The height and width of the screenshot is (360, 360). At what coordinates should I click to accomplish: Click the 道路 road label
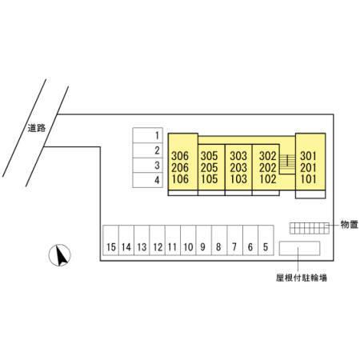point(37,128)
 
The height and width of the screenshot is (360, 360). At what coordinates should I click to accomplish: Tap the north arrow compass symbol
point(60,255)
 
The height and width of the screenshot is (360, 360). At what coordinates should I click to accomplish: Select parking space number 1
point(148,135)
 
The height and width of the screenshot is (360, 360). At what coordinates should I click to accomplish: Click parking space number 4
point(148,180)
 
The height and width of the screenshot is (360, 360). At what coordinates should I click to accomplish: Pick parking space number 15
point(111,240)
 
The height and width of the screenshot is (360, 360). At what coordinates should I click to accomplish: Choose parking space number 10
point(188,240)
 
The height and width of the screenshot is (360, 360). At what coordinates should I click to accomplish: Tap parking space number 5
point(266,240)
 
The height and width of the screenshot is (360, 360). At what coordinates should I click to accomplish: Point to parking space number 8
point(219,240)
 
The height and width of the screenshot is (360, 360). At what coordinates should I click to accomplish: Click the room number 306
point(180,156)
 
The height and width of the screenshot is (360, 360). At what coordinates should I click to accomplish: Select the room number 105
point(210,179)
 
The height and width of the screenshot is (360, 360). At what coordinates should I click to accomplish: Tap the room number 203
point(238,168)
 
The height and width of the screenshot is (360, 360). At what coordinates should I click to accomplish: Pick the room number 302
point(268,156)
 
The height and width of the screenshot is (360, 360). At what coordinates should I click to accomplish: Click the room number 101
point(309,179)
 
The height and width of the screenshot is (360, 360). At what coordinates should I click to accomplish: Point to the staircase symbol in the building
point(287,164)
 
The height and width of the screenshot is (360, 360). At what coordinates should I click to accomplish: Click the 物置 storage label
point(350,225)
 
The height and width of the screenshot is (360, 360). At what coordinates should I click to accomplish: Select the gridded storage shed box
point(310,228)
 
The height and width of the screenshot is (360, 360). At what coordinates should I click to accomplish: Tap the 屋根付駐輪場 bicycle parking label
point(302,278)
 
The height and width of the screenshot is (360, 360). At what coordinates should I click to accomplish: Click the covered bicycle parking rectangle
point(299,248)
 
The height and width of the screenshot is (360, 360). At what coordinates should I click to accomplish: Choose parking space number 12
point(158,240)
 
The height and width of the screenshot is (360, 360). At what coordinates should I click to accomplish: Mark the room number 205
point(210,168)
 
